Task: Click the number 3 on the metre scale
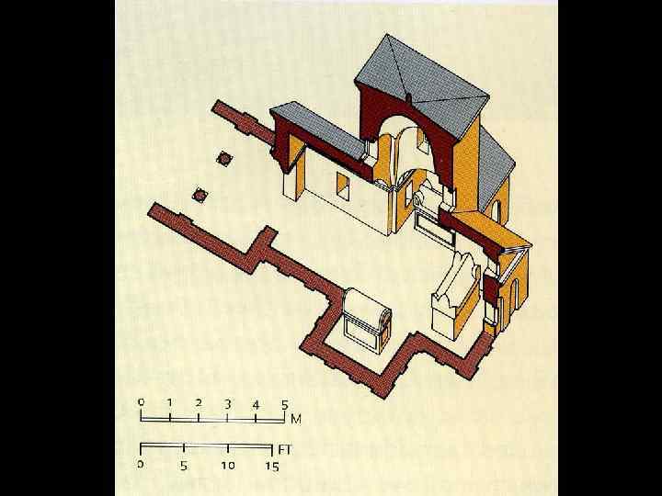tap(228, 404)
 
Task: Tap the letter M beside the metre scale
tap(296, 419)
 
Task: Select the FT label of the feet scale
tap(285, 450)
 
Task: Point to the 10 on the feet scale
tap(228, 465)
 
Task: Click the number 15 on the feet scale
tap(272, 467)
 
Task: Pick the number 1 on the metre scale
tap(169, 403)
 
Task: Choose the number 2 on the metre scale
tap(199, 403)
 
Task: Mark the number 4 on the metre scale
tap(256, 405)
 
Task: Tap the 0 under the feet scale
tap(141, 465)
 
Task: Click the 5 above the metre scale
tap(284, 405)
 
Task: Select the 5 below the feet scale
tap(184, 466)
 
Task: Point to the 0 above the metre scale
tap(141, 402)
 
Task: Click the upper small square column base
tap(224, 159)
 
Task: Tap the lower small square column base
tap(200, 195)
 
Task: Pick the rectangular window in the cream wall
tap(343, 186)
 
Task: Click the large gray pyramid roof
tap(422, 86)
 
